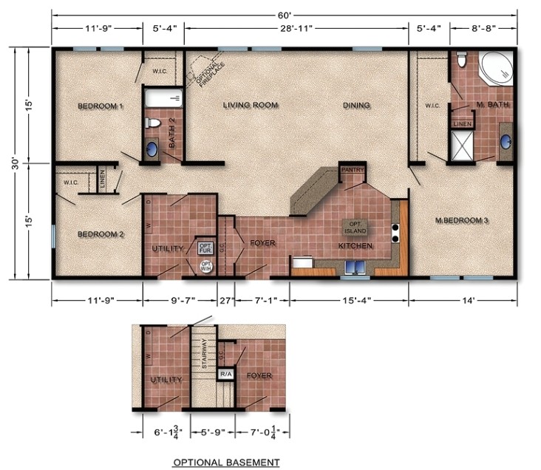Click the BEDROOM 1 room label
[100, 106]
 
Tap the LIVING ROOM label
[251, 106]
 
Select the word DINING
[356, 106]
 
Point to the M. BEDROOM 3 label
[463, 220]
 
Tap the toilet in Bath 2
[153, 123]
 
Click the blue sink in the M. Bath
[506, 142]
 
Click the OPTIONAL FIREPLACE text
[206, 72]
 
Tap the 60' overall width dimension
[284, 13]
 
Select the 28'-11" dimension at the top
[296, 30]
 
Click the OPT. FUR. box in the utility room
[205, 248]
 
